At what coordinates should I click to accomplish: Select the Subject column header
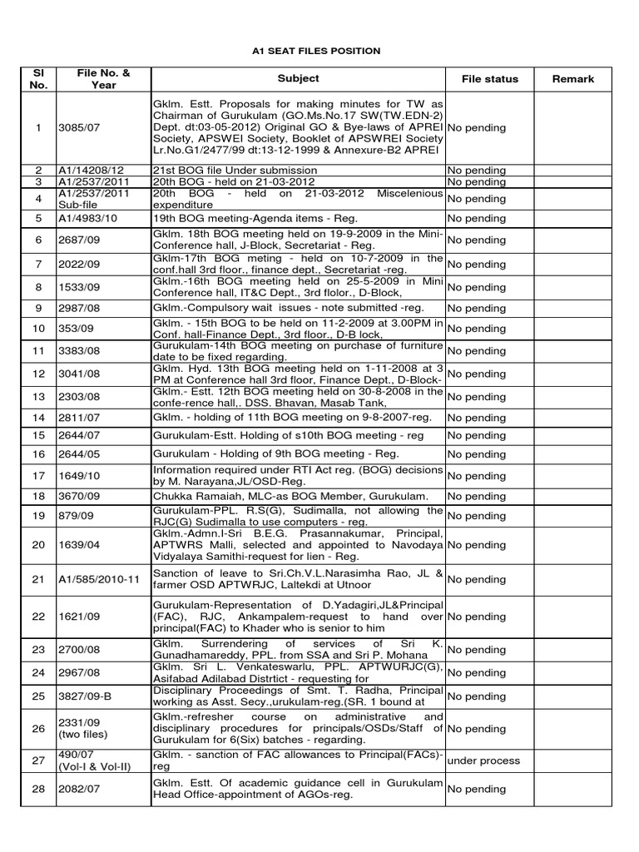(299, 79)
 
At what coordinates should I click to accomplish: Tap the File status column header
(490, 79)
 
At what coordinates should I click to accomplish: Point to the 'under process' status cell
(483, 760)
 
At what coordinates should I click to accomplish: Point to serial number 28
(37, 789)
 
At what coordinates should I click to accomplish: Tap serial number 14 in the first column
(37, 418)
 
